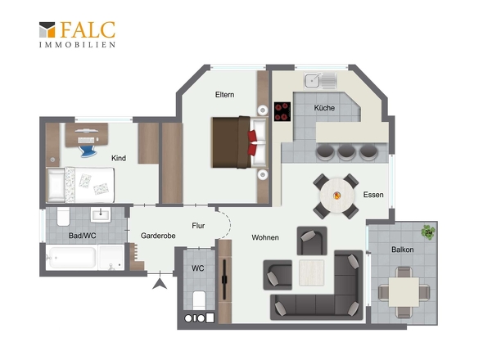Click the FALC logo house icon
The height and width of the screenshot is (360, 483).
[x=47, y=29]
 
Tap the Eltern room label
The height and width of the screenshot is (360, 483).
[x=224, y=95]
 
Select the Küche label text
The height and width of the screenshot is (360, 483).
[x=324, y=108]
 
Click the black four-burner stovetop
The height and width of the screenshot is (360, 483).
[x=282, y=111]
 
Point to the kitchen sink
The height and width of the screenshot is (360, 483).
[x=320, y=81]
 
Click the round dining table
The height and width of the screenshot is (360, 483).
[x=337, y=196]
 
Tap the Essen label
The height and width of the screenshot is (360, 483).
[x=373, y=195]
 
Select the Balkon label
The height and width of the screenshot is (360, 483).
[x=402, y=250]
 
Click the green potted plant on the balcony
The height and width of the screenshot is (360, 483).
[x=428, y=232]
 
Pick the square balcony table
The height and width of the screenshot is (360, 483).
[x=404, y=292]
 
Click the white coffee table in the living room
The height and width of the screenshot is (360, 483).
[x=311, y=272]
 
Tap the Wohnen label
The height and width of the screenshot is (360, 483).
[x=265, y=237]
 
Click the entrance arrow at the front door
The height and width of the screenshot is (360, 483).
[x=160, y=284]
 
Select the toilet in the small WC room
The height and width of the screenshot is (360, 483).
[x=199, y=299]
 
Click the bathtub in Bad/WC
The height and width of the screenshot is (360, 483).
[x=72, y=258]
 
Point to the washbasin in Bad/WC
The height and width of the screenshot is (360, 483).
[x=101, y=214]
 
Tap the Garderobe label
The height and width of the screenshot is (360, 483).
[x=158, y=236]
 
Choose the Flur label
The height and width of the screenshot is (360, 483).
[x=198, y=226]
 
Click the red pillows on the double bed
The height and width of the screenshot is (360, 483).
[x=252, y=142]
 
